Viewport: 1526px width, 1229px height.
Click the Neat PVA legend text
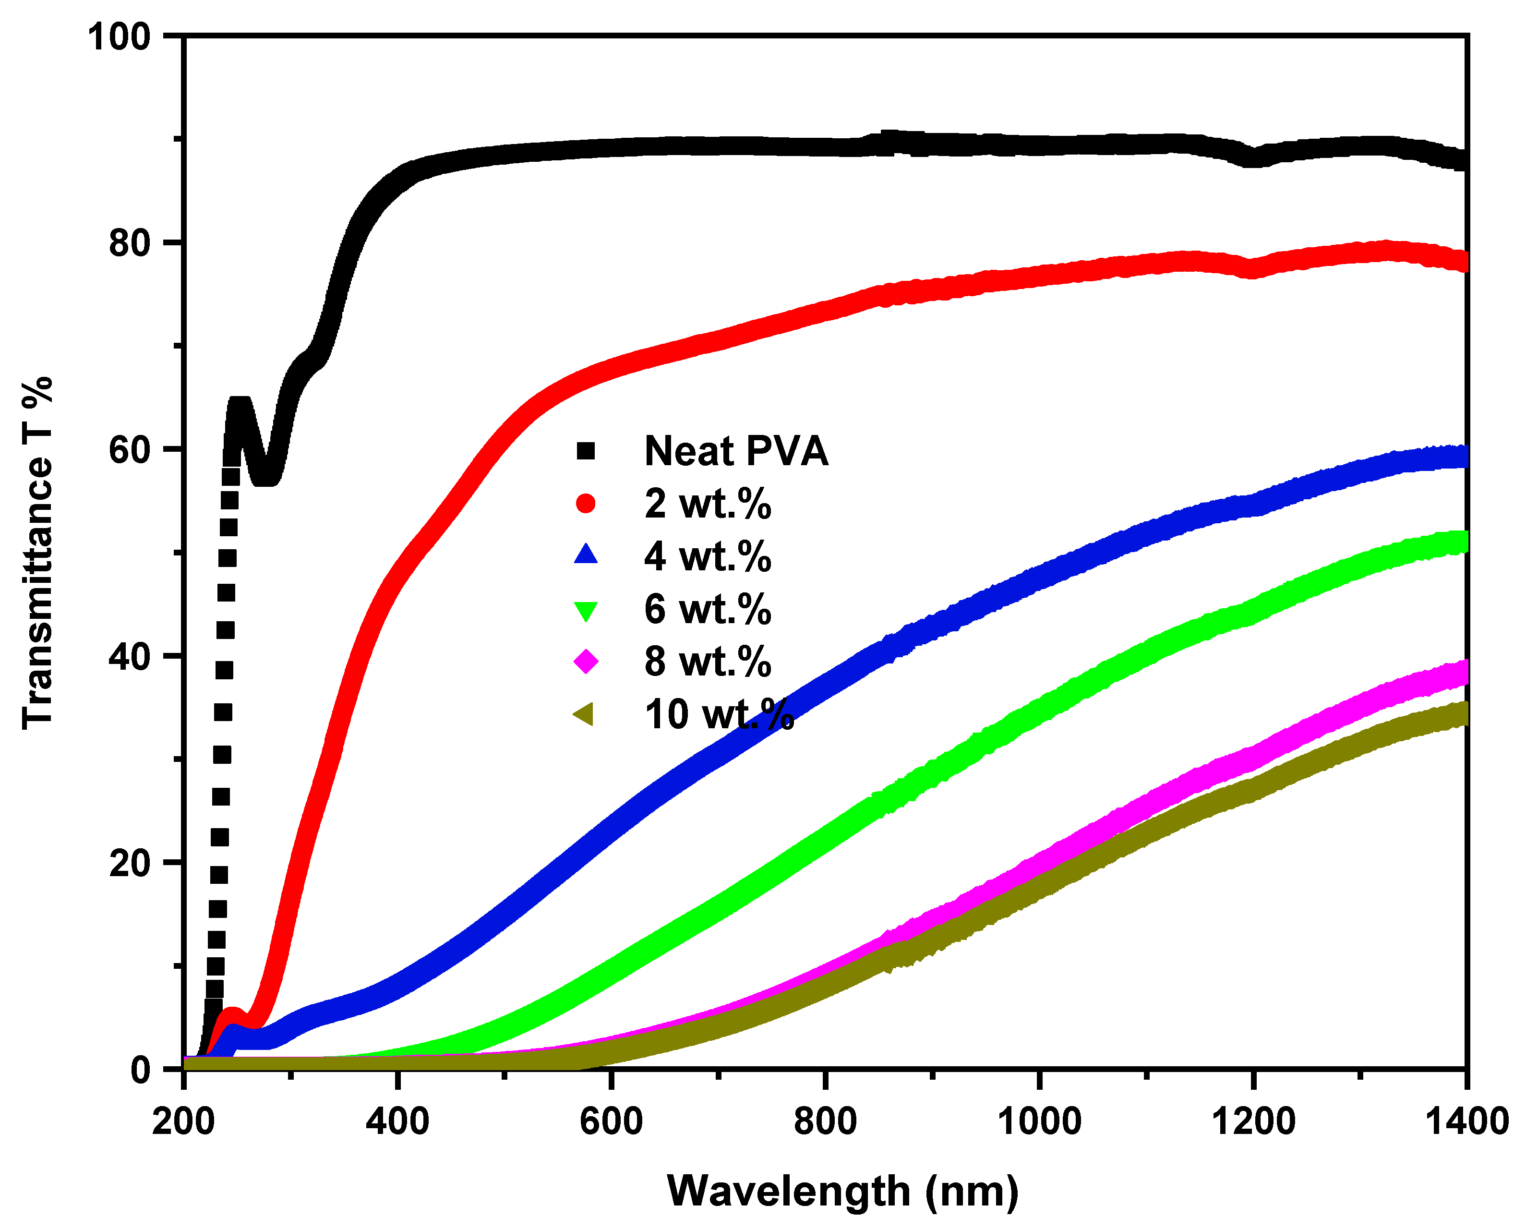(x=736, y=451)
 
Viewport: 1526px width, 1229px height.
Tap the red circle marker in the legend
(x=585, y=503)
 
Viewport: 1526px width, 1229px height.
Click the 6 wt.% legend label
(x=707, y=608)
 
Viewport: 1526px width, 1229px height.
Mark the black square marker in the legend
(x=585, y=451)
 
